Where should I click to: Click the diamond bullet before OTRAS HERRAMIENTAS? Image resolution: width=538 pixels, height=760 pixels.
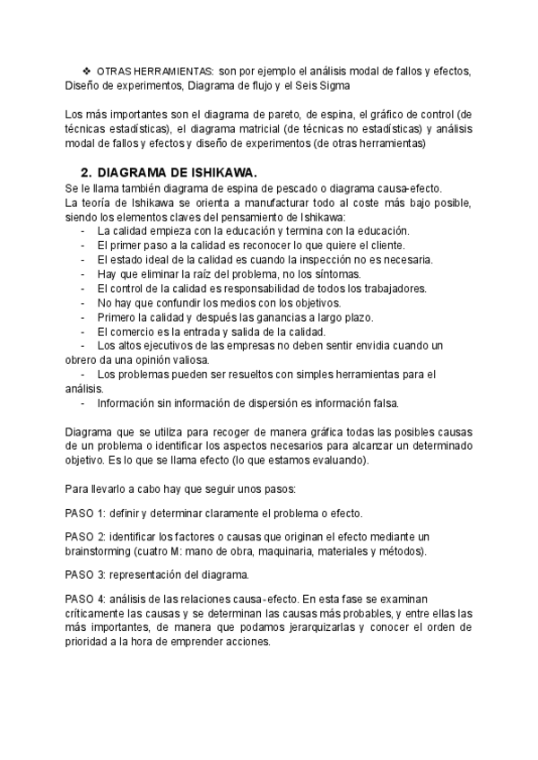pos(86,71)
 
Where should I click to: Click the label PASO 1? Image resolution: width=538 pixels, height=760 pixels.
pos(86,514)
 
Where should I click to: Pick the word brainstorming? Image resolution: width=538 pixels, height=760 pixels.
pos(99,550)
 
